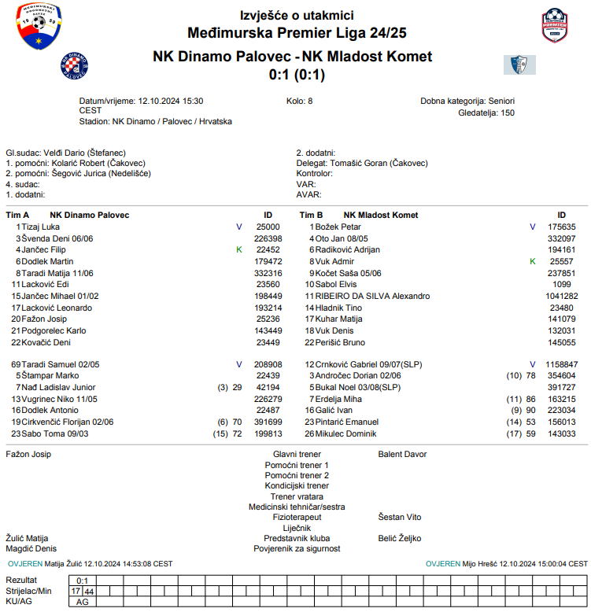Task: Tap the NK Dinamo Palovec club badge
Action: pos(76,66)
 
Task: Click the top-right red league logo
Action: pos(560,26)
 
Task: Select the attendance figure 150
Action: pos(508,112)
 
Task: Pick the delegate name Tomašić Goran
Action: pos(358,163)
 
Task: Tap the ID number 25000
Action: pos(268,227)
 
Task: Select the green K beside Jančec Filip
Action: pos(238,249)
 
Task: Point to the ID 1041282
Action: pos(561,296)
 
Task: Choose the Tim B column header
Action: pos(312,215)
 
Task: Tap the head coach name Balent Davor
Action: pos(402,455)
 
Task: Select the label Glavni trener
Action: pos(297,455)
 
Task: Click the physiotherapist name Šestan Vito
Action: pos(400,517)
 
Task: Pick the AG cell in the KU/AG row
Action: pos(82,602)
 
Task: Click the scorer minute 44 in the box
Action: pos(90,591)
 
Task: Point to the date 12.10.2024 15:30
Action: pos(171,101)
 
